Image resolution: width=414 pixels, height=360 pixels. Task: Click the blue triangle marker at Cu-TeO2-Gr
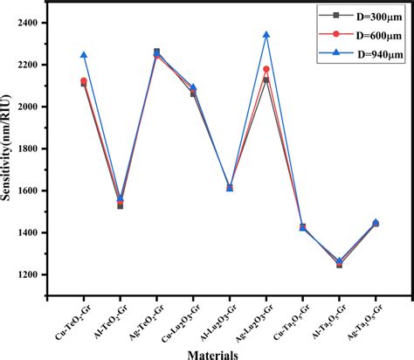(84, 55)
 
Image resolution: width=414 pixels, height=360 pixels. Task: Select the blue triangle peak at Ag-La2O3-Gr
(266, 35)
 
